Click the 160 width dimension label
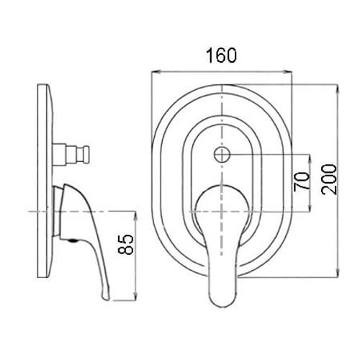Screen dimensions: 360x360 221,55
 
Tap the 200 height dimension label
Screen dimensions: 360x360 329,179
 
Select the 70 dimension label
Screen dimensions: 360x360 302,181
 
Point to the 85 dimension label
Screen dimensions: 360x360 125,244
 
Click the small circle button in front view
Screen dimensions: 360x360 222,155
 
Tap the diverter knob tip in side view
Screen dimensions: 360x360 86,155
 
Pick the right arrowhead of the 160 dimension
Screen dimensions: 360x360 288,71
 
